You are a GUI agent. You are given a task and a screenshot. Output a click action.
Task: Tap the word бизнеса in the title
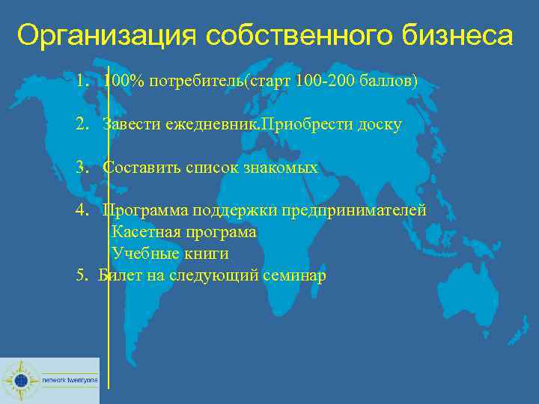pos(458,35)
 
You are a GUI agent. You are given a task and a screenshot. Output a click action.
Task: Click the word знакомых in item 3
pos(280,168)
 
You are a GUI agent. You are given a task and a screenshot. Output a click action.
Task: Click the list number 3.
pos(80,168)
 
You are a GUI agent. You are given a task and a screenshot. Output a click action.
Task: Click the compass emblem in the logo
pos(20,380)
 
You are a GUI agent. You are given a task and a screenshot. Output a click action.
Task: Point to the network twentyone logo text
pos(69,380)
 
